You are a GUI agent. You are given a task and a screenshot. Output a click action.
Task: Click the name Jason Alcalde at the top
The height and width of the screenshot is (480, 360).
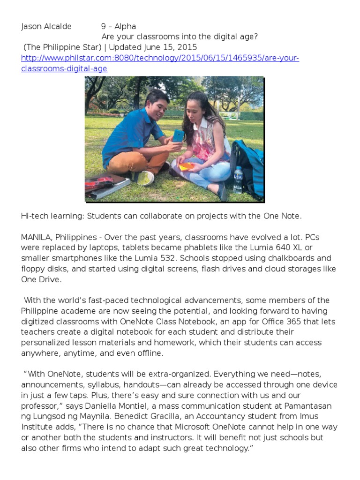click(x=46, y=27)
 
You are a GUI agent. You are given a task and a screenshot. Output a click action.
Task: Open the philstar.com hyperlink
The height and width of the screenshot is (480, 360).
click(x=160, y=58)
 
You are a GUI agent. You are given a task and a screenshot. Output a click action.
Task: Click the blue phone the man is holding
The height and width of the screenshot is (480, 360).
click(x=178, y=136)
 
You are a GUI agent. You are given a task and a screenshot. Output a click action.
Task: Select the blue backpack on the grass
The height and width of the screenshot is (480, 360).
click(x=248, y=164)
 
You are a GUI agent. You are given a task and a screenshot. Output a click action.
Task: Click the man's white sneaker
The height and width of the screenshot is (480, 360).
click(x=145, y=178)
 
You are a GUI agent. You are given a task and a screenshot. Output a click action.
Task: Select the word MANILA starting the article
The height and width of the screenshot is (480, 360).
click(x=37, y=237)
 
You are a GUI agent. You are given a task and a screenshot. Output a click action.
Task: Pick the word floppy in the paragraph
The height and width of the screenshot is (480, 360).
click(x=32, y=269)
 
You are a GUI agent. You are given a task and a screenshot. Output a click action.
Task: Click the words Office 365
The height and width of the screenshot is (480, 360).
click(x=263, y=322)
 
